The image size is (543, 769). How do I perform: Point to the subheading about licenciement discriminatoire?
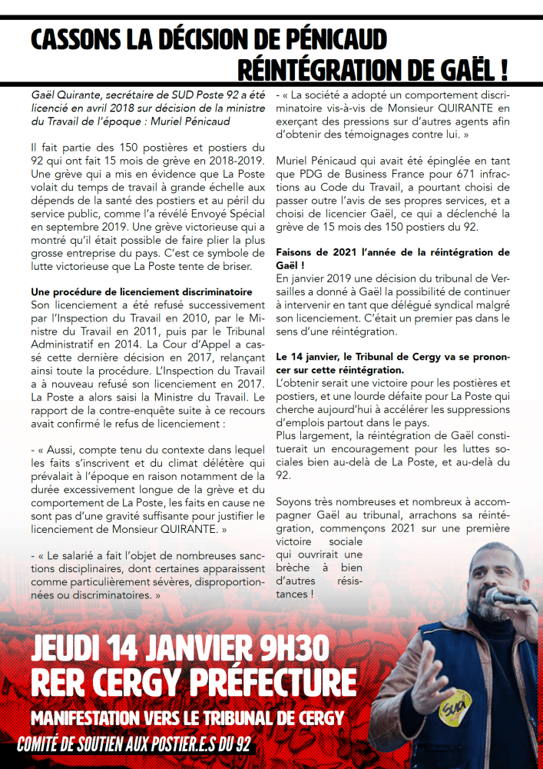(141, 292)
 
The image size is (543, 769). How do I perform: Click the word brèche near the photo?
(296, 568)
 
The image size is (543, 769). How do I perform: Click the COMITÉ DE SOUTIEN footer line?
(135, 745)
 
